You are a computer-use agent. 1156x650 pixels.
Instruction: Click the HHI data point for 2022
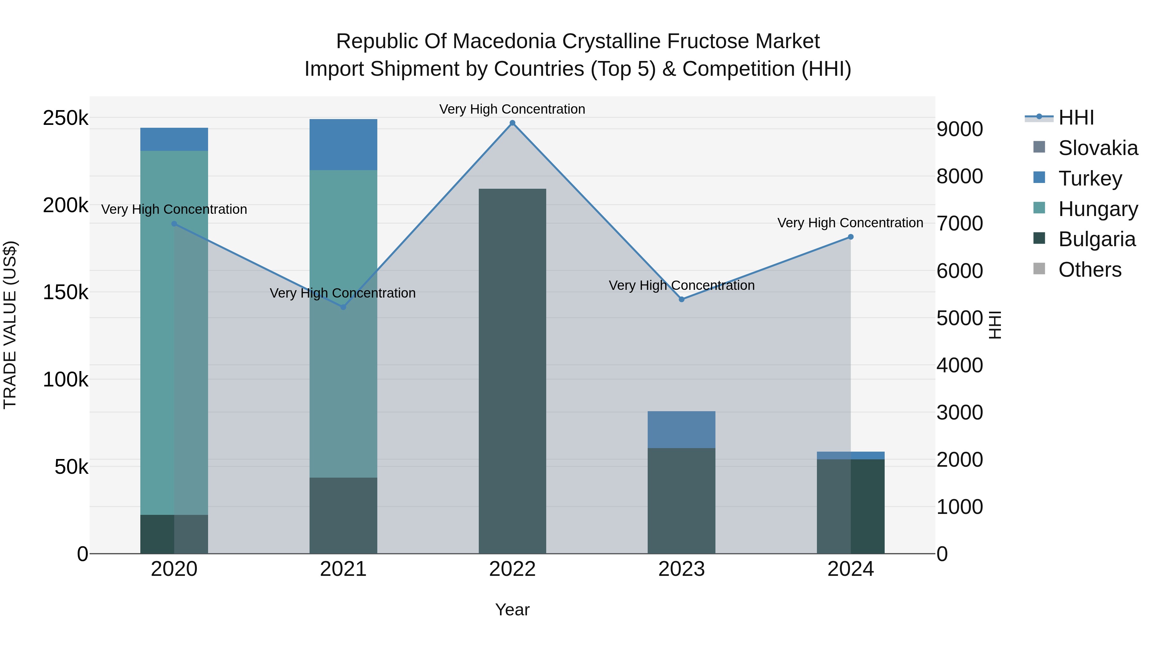pyautogui.click(x=512, y=123)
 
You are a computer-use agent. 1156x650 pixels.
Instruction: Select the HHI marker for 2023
pyautogui.click(x=682, y=299)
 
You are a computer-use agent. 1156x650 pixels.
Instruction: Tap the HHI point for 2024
pyautogui.click(x=850, y=237)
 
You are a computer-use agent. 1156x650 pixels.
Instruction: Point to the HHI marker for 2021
pyautogui.click(x=343, y=307)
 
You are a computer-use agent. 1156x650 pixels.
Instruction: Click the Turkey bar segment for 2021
pyautogui.click(x=343, y=144)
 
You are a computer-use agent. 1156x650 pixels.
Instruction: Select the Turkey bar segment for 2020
pyautogui.click(x=174, y=139)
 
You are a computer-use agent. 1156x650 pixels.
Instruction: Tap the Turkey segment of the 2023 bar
pyautogui.click(x=682, y=429)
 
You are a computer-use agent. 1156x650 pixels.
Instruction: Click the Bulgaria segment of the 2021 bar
pyautogui.click(x=343, y=516)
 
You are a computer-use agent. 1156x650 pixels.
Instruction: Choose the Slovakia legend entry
pyautogui.click(x=1098, y=148)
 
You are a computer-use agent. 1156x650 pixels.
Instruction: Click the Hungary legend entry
pyautogui.click(x=1098, y=209)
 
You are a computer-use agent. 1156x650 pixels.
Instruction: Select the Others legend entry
pyautogui.click(x=1090, y=270)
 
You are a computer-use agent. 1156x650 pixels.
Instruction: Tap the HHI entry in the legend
pyautogui.click(x=1076, y=117)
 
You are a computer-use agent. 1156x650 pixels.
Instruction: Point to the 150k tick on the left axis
pyautogui.click(x=66, y=292)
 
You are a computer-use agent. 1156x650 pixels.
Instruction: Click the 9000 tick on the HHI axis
pyautogui.click(x=959, y=129)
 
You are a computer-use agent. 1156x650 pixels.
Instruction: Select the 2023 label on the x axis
pyautogui.click(x=682, y=569)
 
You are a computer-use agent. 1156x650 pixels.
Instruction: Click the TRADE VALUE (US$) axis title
pyautogui.click(x=10, y=325)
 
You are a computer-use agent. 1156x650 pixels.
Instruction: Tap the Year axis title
pyautogui.click(x=512, y=610)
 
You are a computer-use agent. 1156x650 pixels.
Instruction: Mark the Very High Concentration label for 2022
pyautogui.click(x=512, y=109)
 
